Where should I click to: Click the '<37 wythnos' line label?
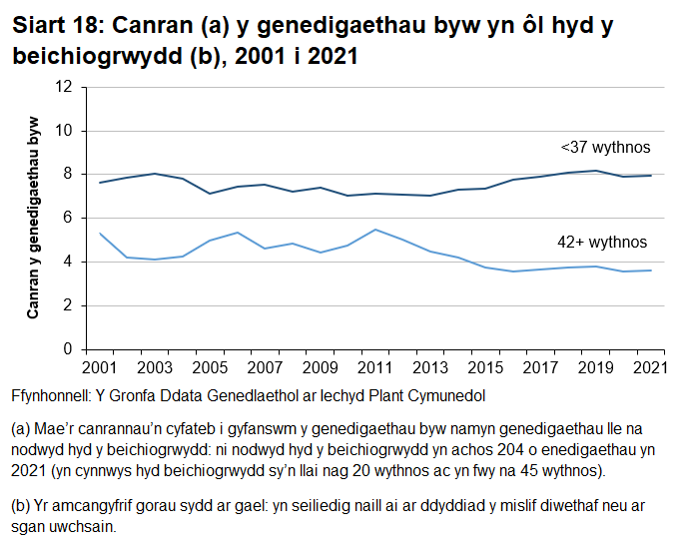[x=605, y=148]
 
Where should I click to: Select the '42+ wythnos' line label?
[x=601, y=242]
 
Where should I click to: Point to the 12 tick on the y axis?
[x=67, y=87]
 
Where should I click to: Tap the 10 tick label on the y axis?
[x=67, y=131]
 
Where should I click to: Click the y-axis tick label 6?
[x=70, y=218]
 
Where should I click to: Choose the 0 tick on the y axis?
[x=70, y=349]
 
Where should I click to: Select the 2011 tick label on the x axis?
[x=373, y=367]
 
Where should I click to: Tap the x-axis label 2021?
[x=650, y=367]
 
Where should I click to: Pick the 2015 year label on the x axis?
[x=484, y=367]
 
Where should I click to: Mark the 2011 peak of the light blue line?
[x=373, y=230]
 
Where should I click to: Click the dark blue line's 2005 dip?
[x=209, y=194]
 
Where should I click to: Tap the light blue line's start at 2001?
[x=99, y=234]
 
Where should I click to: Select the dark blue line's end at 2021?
[x=650, y=176]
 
